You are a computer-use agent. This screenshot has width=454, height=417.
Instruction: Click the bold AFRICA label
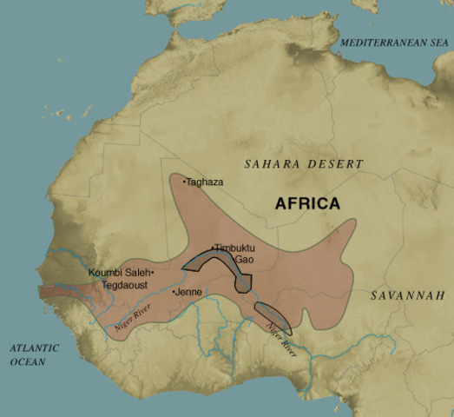pyautogui.click(x=307, y=204)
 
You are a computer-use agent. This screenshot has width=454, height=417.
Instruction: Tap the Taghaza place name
pyautogui.click(x=205, y=182)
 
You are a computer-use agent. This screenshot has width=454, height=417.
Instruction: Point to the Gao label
pyautogui.click(x=244, y=259)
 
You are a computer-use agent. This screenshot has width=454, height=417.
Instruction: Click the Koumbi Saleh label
pyautogui.click(x=119, y=273)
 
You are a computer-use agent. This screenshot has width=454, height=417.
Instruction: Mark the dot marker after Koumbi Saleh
pyautogui.click(x=153, y=273)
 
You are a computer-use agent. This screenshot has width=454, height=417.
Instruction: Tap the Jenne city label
pyautogui.click(x=189, y=293)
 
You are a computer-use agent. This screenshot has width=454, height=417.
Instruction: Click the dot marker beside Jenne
pyautogui.click(x=174, y=292)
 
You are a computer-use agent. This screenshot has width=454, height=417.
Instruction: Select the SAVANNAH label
pyautogui.click(x=407, y=296)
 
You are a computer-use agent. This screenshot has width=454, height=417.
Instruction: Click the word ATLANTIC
pyautogui.click(x=35, y=348)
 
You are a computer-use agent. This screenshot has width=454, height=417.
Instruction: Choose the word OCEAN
pyautogui.click(x=28, y=361)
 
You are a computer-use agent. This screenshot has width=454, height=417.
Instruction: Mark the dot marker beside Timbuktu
pyautogui.click(x=214, y=247)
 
